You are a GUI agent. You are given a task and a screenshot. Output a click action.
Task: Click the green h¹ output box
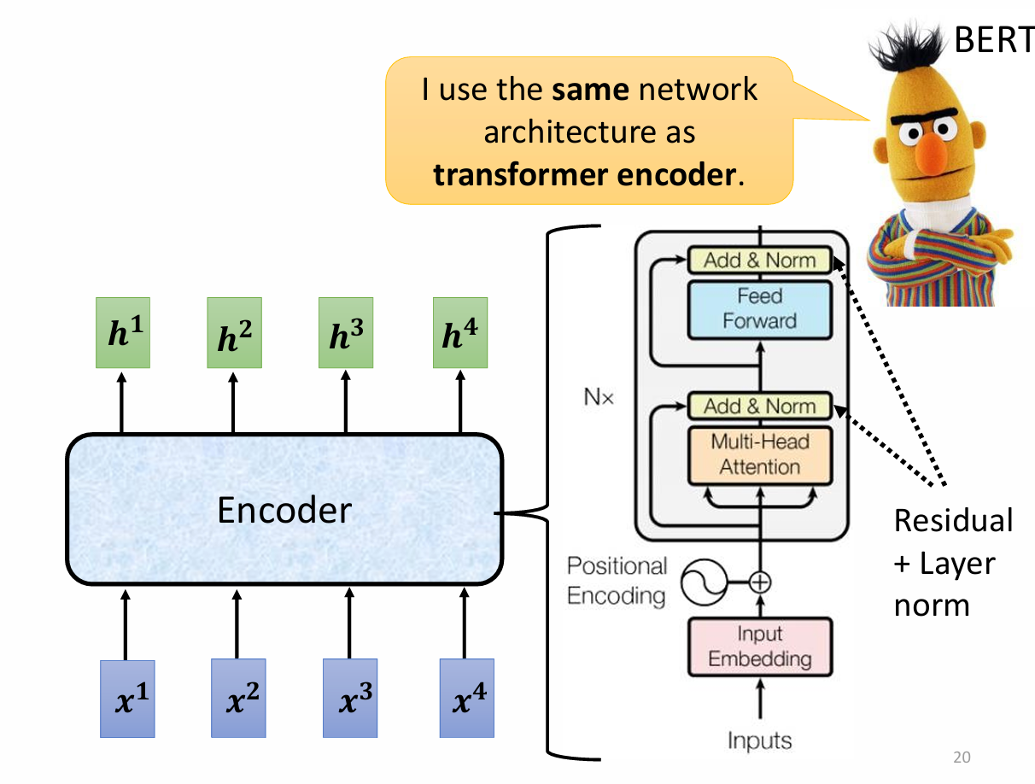(122, 333)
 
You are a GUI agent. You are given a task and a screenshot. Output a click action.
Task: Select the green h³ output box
(345, 333)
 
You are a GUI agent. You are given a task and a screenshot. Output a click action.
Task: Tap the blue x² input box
(238, 698)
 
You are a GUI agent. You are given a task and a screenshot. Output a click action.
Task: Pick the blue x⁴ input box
(466, 698)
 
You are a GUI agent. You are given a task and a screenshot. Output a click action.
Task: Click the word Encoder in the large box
(284, 511)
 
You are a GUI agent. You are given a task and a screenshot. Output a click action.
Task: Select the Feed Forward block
(759, 308)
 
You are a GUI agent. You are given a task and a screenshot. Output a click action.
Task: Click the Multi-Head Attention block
(759, 454)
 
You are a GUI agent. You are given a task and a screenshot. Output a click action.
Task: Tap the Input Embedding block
(759, 647)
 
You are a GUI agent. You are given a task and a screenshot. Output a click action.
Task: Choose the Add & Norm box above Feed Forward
(759, 260)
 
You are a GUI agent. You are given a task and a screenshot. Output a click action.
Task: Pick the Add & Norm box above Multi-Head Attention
(759, 406)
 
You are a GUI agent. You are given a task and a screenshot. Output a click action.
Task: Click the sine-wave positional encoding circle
(702, 584)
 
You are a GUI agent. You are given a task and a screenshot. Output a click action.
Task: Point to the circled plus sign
(759, 583)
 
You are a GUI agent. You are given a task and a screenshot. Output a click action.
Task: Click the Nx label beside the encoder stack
(598, 397)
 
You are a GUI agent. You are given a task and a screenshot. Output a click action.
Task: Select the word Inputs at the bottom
(759, 740)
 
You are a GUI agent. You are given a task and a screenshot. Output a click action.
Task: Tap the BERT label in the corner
(992, 40)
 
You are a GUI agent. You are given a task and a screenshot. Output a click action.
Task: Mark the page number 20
(962, 757)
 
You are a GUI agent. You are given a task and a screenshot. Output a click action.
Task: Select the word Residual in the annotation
(952, 520)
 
